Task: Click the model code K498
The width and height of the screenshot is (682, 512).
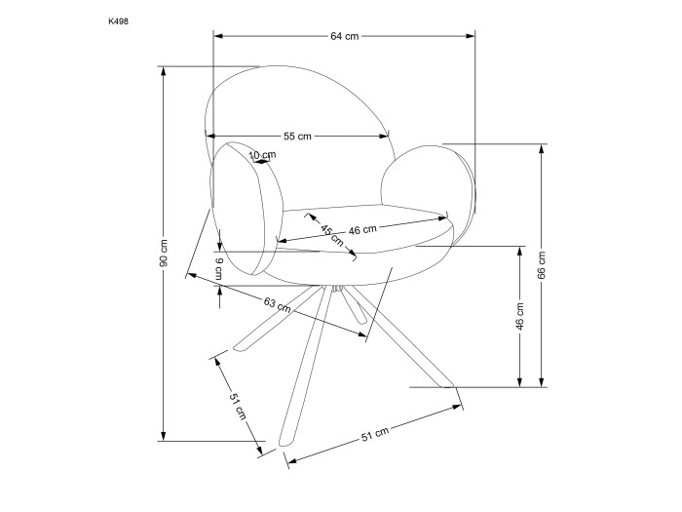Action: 118,21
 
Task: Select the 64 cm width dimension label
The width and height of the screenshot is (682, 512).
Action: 345,37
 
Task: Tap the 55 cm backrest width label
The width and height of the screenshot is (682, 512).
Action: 297,137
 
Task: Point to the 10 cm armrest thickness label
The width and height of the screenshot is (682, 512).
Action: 262,155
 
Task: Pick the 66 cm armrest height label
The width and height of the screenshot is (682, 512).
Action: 542,264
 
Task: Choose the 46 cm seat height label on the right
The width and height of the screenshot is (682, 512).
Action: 519,317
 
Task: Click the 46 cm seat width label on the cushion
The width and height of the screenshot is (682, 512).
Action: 362,229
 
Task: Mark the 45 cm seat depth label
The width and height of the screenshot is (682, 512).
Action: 332,235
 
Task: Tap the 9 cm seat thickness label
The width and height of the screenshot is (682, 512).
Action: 219,268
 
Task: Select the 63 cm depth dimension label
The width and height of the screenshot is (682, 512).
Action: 277,304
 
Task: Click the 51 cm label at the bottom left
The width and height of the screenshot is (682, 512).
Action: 238,407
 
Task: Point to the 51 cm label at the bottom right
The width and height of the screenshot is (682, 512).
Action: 375,435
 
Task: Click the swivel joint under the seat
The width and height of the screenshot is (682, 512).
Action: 337,289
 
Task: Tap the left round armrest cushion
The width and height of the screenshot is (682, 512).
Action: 246,209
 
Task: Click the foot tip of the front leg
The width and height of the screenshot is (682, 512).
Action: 284,443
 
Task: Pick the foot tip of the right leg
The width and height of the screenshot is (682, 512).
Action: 448,385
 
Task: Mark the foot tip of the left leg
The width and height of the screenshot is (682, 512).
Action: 238,347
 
